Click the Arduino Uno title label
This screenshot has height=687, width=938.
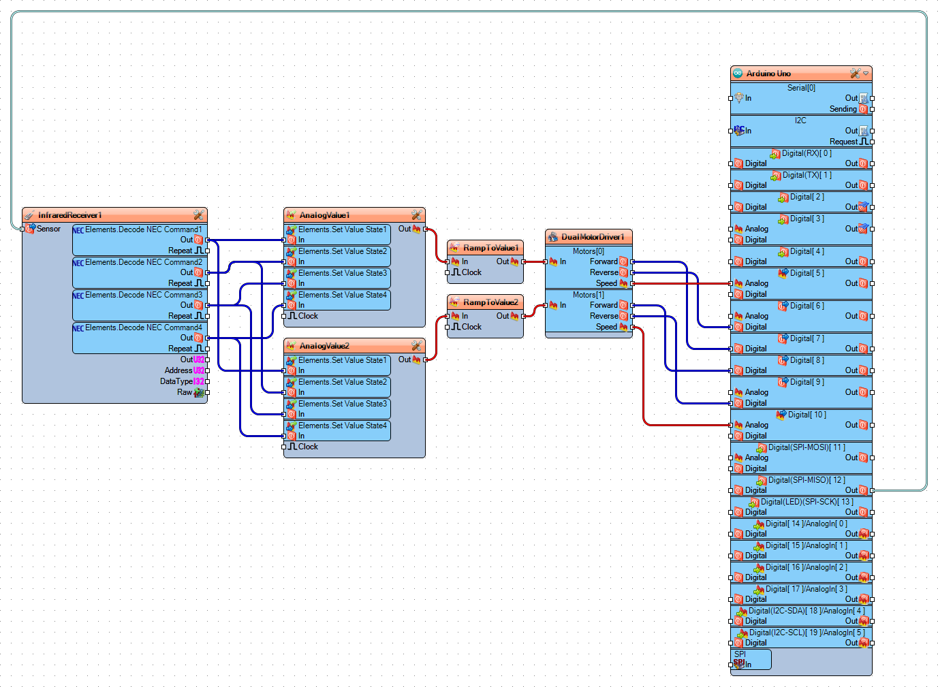click(768, 74)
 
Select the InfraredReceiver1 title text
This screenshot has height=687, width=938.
click(70, 215)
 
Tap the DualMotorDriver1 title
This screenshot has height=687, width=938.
click(593, 237)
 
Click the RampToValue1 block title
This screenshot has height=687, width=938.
click(490, 248)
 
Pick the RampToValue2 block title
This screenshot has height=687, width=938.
click(490, 302)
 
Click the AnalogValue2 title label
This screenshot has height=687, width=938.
click(324, 346)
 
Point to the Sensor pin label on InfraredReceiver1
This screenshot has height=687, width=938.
click(48, 229)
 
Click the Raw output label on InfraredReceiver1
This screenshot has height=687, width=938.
click(184, 392)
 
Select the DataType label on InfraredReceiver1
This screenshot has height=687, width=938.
click(176, 381)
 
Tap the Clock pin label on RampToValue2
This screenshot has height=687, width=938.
click(471, 327)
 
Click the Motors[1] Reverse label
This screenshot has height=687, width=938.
click(604, 316)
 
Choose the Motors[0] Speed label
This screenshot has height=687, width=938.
click(606, 283)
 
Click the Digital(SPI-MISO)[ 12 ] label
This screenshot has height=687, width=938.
click(807, 480)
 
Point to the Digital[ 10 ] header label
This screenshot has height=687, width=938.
click(807, 415)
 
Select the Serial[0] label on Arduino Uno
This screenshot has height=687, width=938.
click(801, 88)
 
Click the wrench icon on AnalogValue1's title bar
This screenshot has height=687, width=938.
click(416, 215)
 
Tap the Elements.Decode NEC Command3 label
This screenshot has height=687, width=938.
click(144, 295)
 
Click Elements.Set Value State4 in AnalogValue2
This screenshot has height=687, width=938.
click(343, 426)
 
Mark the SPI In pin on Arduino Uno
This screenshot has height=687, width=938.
click(747, 665)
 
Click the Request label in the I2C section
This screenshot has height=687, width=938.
click(843, 142)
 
